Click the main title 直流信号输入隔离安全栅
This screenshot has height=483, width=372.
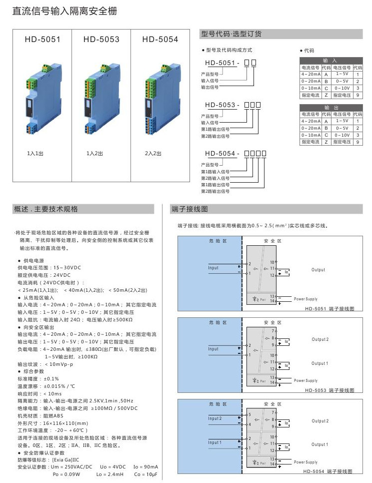(x=65, y=11)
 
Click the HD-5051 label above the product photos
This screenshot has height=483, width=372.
(x=42, y=39)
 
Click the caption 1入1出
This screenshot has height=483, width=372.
(x=35, y=153)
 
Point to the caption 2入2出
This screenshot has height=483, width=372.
(x=153, y=153)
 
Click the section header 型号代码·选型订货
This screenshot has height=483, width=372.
(x=231, y=34)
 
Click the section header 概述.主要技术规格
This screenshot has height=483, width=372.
(x=46, y=209)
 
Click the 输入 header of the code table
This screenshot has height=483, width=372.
(x=330, y=60)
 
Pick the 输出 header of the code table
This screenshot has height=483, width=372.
(x=330, y=107)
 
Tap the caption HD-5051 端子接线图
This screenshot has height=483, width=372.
(x=330, y=309)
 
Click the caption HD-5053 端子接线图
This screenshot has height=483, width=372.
(x=330, y=390)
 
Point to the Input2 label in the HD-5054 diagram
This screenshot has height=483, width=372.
(x=214, y=418)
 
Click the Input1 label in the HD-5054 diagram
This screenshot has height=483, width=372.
(x=214, y=442)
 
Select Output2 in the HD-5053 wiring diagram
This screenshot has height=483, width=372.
(x=320, y=339)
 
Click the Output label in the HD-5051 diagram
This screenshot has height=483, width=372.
(x=318, y=270)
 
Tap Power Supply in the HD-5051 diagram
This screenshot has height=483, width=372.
(x=305, y=299)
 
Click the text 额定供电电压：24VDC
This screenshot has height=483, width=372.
(x=44, y=275)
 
